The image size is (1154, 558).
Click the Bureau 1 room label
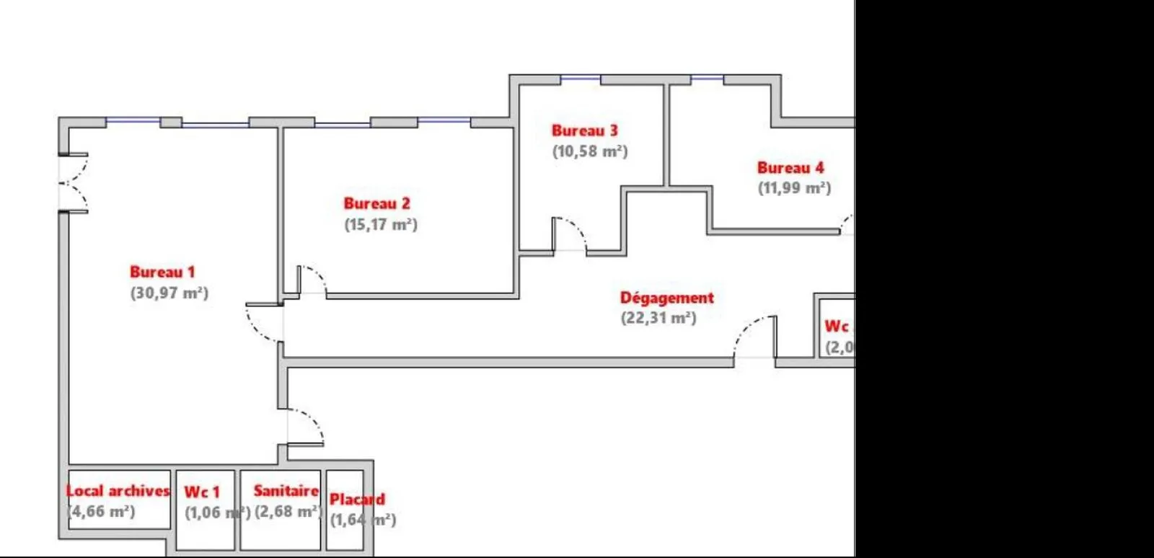162,272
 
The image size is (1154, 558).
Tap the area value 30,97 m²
169,293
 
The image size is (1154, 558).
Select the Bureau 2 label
376,203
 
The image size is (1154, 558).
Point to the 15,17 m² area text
381,224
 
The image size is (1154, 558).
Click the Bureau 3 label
584,130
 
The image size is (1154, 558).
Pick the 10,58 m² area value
590,151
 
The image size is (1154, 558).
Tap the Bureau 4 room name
790,168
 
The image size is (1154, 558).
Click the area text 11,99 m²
794,188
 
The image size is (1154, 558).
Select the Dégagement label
666,298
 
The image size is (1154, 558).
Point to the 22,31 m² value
659,318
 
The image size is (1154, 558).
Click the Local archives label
118,491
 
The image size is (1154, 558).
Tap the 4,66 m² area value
102,511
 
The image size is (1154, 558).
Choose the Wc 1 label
201,492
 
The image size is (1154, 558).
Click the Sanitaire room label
286,491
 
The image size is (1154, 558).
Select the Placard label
357,499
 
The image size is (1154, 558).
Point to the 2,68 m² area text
287,511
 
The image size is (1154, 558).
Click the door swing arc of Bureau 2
314,278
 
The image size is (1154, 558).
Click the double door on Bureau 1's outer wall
74,182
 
